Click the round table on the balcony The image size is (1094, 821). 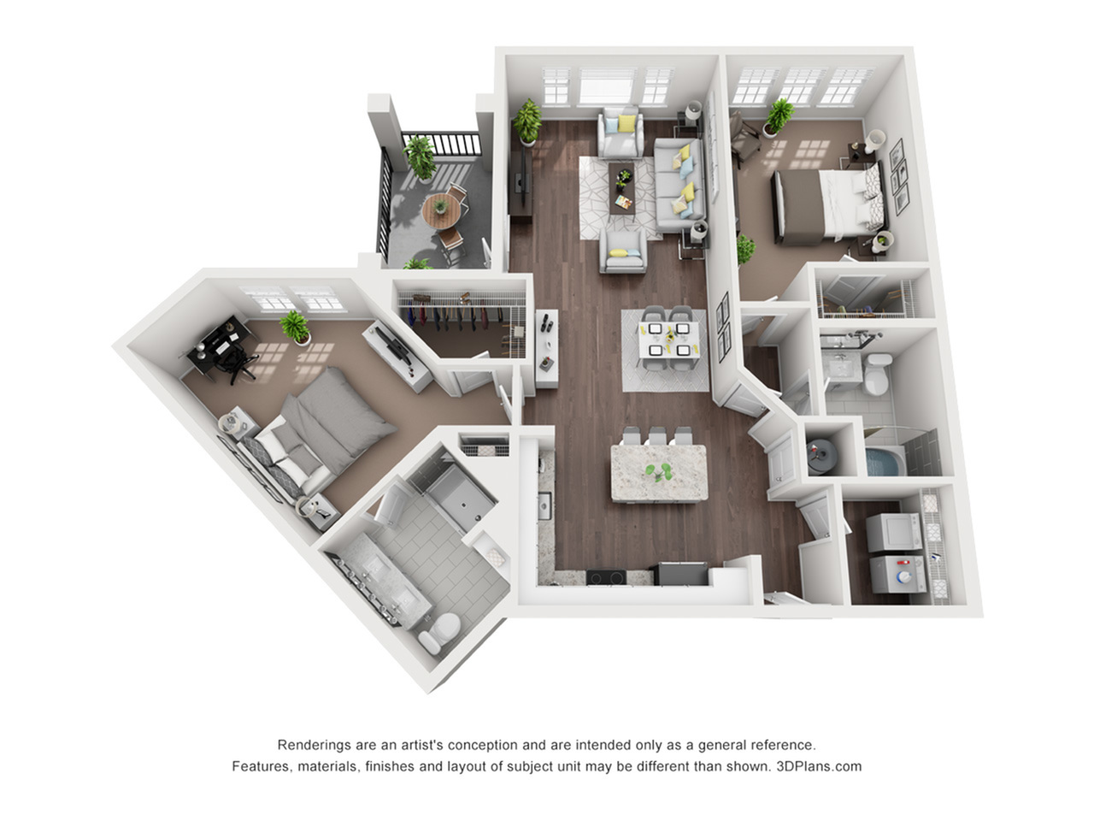(x=441, y=210)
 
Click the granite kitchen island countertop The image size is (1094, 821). (x=659, y=473)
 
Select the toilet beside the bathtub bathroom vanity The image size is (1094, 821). (x=877, y=373)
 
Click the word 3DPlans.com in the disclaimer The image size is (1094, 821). (x=819, y=766)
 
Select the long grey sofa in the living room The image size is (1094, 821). (x=680, y=185)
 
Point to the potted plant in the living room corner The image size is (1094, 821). (x=527, y=122)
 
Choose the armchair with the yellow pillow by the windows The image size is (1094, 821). (x=621, y=132)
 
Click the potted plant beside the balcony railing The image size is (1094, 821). (x=421, y=157)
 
